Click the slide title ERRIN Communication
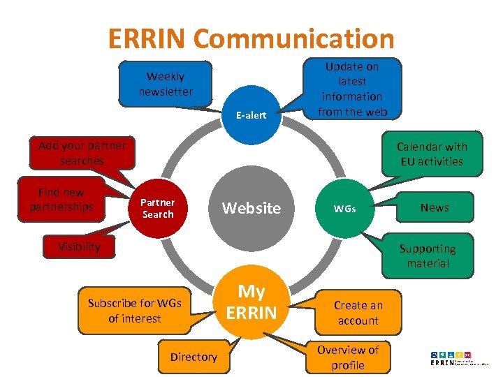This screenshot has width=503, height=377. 251,38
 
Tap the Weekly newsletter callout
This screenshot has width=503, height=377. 166,84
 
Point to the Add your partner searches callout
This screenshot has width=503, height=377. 82,153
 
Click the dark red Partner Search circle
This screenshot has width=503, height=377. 158,208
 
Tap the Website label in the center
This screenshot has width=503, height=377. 251,208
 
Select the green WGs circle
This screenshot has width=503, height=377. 344,208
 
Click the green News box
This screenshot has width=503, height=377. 435,207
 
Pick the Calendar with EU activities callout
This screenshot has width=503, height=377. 431,154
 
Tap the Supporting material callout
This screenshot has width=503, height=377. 427,256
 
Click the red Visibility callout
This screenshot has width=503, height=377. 79,246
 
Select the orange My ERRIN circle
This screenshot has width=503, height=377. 251,302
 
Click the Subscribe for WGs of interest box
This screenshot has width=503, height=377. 134,311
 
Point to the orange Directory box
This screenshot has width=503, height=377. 194,357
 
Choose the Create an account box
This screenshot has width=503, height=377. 358,313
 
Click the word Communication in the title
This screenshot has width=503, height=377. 294,38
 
